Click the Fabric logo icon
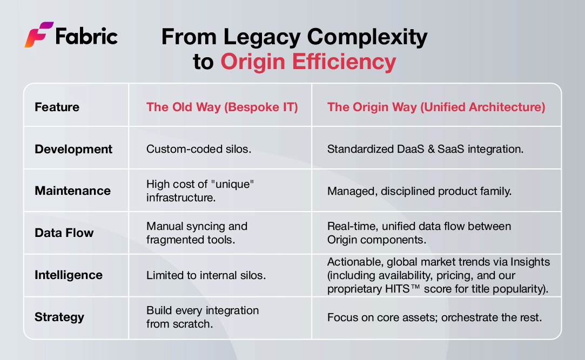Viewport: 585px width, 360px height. [x=38, y=35]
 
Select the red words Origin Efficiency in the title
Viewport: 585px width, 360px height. [x=308, y=62]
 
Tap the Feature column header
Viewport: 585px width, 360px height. [x=57, y=107]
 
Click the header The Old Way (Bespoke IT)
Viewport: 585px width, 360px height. [x=222, y=107]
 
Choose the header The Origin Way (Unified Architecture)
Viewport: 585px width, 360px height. [x=436, y=107]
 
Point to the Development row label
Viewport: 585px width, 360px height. [x=73, y=149]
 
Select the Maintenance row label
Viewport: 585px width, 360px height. [x=72, y=191]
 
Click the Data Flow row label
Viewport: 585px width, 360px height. [x=64, y=233]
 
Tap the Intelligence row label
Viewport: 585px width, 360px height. [x=69, y=275]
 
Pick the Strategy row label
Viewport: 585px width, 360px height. [x=59, y=317]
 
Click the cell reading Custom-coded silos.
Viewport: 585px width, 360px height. [x=198, y=149]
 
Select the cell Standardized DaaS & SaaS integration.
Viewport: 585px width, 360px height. [x=425, y=149]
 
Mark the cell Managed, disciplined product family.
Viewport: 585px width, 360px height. [x=419, y=191]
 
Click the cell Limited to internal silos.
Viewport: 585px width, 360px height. [x=206, y=275]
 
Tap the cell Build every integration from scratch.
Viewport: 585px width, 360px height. [x=203, y=317]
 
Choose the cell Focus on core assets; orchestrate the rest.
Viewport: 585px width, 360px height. [x=434, y=317]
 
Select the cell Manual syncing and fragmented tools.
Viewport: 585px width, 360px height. [x=197, y=233]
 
